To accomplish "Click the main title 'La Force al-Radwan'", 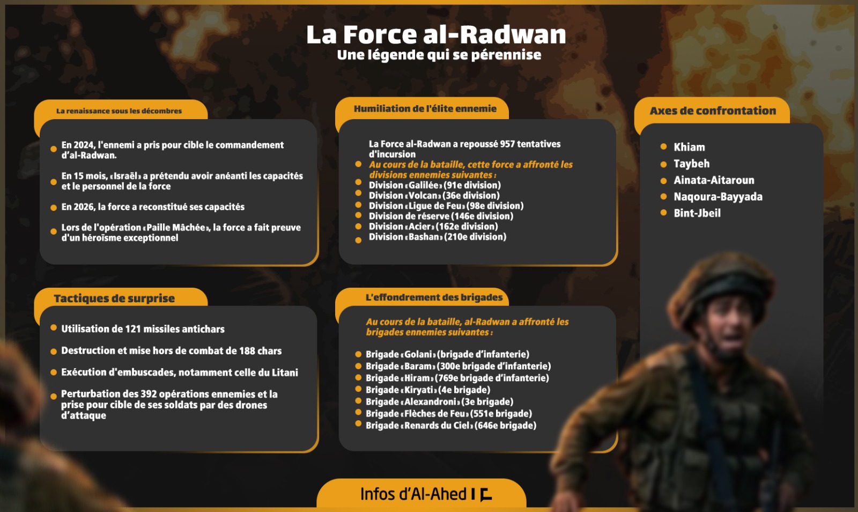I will (x=436, y=35).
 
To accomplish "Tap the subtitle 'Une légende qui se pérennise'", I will (x=439, y=55).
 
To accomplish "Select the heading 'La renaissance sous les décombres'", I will (x=119, y=111).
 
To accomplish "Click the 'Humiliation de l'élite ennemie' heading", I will (x=425, y=108).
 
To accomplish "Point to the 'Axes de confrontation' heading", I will (x=713, y=111).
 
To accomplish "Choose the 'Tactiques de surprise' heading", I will (x=114, y=298).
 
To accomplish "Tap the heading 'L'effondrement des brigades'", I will (x=434, y=297).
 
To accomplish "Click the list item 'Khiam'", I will (x=689, y=147).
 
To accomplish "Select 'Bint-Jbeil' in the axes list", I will (x=697, y=213).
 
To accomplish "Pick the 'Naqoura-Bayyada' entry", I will (x=718, y=196).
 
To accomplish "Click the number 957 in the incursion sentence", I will (x=507, y=144).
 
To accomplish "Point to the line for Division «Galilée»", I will (x=434, y=185).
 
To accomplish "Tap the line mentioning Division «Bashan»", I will (x=437, y=237).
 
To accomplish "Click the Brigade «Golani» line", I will (x=447, y=354).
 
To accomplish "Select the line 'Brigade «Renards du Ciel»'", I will (x=450, y=426).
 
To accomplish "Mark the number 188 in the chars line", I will (x=247, y=351).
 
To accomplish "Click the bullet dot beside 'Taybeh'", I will (x=663, y=164).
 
